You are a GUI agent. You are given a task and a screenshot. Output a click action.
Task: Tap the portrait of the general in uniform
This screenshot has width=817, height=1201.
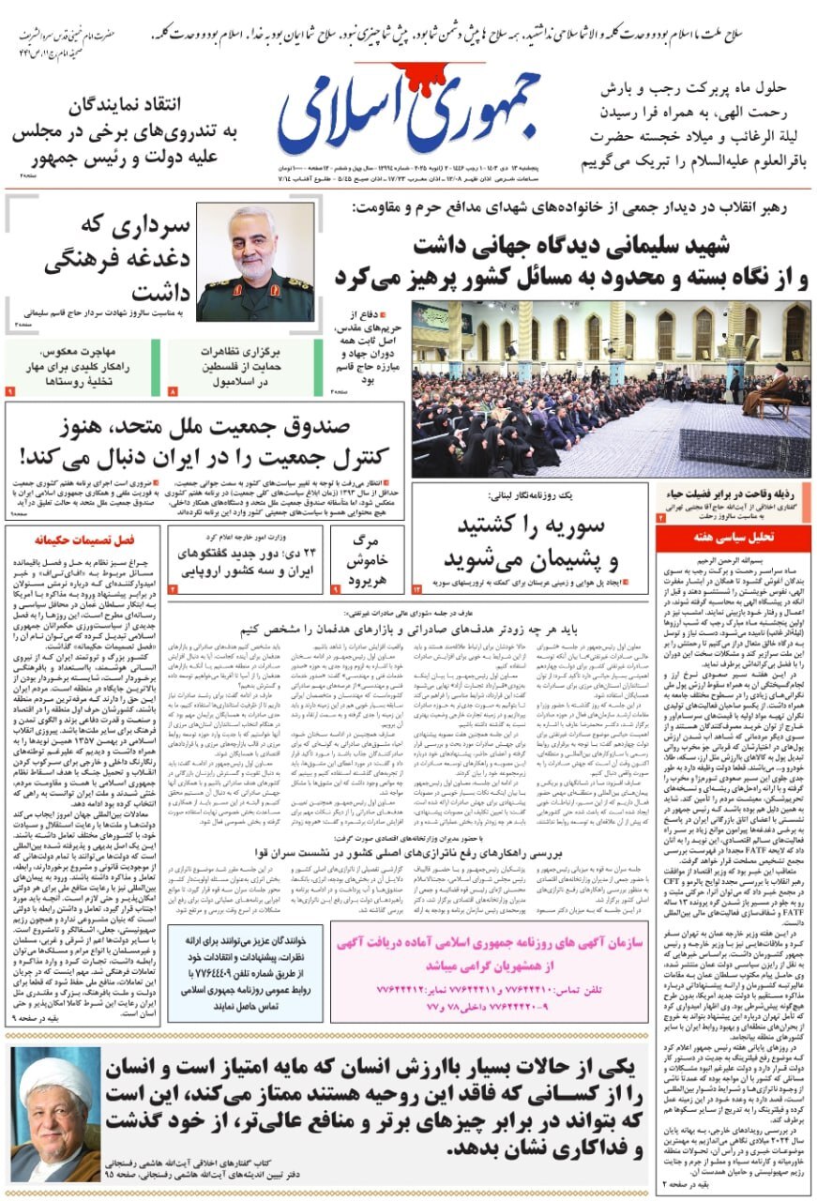(x=255, y=262)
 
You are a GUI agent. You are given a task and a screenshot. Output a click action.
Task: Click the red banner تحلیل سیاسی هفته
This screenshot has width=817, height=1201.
(x=733, y=538)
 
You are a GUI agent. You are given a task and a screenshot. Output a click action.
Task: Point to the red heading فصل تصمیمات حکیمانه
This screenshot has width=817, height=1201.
(x=83, y=540)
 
